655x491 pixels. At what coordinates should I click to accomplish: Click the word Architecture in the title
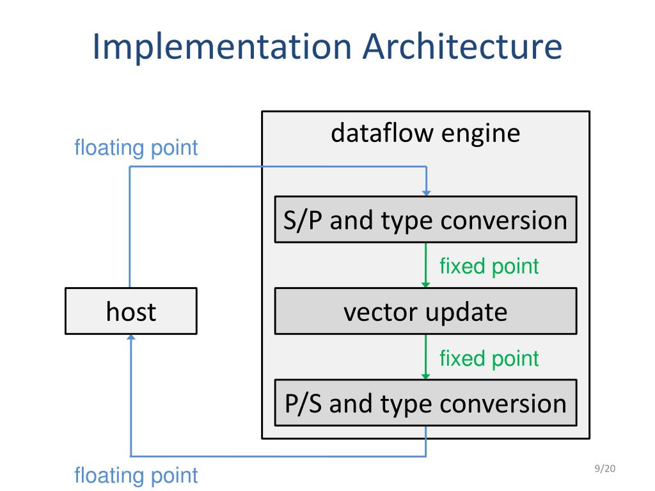coord(462,46)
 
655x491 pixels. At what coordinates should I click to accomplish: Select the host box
coord(131,311)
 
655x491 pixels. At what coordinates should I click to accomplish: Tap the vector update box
coord(425,311)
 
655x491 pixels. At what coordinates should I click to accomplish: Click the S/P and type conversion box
coord(425,219)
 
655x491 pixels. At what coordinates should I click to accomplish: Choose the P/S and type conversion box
coord(425,403)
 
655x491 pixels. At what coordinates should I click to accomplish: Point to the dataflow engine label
coord(425,133)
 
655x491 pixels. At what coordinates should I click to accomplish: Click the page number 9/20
coord(605,469)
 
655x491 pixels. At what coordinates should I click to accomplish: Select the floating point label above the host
coord(136,148)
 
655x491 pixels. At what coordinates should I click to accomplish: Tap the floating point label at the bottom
coord(136,476)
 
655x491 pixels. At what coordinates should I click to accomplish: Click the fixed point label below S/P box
coord(489,267)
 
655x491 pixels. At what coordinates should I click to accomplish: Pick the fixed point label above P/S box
coord(489,359)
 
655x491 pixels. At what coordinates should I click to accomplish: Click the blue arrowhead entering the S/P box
coord(426,193)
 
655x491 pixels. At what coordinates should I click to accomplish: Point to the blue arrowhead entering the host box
coord(131,338)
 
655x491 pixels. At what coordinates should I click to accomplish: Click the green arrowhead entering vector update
coord(425,284)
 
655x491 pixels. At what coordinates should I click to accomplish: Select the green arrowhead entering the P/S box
coord(425,377)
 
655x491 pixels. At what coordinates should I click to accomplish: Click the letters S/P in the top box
coord(303,221)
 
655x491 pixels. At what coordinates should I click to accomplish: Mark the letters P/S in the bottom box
coord(303,404)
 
